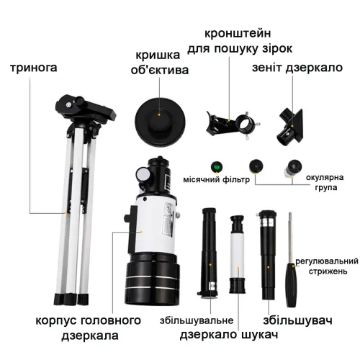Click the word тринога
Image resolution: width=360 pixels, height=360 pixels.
click(x=34, y=68)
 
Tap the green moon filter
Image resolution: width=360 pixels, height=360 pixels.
click(x=217, y=167)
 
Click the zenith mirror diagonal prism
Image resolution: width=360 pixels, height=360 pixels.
click(x=290, y=127)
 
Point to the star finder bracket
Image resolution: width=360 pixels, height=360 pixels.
click(x=233, y=125)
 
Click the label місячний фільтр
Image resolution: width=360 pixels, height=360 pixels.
click(x=216, y=180)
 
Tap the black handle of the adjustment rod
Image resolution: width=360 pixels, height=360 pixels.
click(x=292, y=285)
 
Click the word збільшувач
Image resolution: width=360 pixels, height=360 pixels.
click(x=297, y=320)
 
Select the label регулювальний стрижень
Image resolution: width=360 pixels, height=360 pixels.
click(x=327, y=266)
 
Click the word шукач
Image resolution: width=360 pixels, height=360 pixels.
click(x=259, y=335)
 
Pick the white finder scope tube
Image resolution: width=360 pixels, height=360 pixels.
click(x=238, y=254)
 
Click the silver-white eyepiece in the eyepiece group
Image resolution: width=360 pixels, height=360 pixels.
click(x=293, y=168)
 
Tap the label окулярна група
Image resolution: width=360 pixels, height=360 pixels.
click(x=325, y=182)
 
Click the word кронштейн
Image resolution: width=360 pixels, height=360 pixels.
click(x=238, y=34)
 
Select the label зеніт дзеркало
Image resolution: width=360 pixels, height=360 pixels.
click(x=297, y=68)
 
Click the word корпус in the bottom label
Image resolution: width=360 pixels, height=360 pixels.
click(x=56, y=321)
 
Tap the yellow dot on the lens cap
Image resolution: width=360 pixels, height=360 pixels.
click(x=158, y=114)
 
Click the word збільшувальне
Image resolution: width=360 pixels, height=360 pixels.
click(x=197, y=320)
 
